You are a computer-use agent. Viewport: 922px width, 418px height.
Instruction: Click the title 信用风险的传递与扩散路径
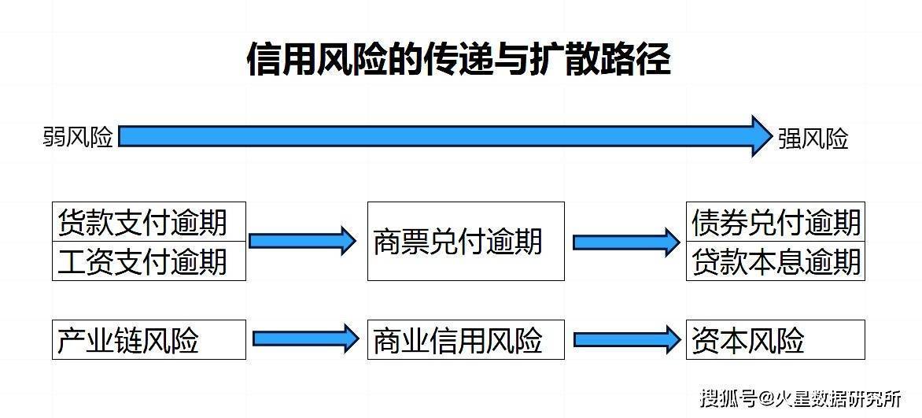point(459,59)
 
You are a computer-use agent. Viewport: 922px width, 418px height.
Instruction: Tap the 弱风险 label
point(78,138)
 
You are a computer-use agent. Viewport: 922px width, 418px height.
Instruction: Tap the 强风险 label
point(813,139)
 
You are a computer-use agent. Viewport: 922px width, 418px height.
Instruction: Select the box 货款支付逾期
point(149,222)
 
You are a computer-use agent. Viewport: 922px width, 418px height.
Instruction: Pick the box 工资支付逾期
point(149,261)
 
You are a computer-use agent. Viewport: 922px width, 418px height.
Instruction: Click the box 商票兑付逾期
point(465,241)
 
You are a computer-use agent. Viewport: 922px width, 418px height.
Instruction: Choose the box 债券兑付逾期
point(775,222)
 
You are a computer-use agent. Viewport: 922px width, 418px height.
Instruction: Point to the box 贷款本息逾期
point(775,261)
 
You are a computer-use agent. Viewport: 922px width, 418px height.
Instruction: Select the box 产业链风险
point(149,340)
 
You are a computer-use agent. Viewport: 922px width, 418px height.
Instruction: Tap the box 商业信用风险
point(465,340)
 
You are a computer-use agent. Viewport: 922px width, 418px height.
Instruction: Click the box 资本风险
point(775,340)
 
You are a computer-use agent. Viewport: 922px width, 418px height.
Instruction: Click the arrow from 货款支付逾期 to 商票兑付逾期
point(304,241)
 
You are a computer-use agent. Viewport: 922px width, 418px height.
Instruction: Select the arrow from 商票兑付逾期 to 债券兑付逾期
point(625,242)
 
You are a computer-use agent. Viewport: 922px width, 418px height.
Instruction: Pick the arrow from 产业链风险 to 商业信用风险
point(305,339)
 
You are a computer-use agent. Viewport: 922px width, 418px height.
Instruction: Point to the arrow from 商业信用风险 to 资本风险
point(626,340)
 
